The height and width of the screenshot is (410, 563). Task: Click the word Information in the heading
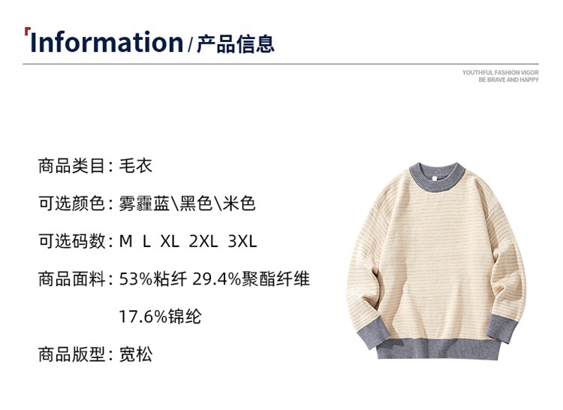point(106,43)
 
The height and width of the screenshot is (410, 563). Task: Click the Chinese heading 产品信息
point(235,44)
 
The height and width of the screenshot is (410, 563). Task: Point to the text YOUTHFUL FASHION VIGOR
point(501,72)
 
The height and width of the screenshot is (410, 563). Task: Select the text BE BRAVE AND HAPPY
point(508,80)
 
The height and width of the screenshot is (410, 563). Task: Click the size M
point(126,242)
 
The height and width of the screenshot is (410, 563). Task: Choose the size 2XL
point(203,242)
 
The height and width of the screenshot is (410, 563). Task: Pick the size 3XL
point(242,242)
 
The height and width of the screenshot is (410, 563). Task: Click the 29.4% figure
point(216,279)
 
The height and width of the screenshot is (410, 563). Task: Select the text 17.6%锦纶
point(160,317)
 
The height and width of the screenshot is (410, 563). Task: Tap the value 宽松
point(136,354)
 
